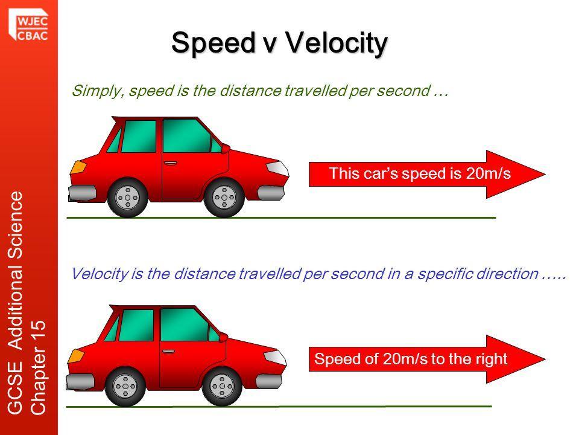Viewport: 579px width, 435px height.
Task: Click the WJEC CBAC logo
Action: click(28, 25)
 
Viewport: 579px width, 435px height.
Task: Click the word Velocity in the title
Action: click(337, 43)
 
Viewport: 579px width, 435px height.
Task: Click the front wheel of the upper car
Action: click(224, 198)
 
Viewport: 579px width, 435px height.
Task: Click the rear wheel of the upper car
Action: click(127, 198)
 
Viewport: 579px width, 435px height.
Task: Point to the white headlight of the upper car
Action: click(277, 168)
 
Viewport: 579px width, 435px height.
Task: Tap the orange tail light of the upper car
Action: click(78, 167)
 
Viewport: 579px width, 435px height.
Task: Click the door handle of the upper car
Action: click(170, 163)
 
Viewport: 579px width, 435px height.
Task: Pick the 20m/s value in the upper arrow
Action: click(488, 173)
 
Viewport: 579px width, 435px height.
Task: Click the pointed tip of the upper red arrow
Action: click(545, 174)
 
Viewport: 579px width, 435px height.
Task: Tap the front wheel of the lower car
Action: click(221, 387)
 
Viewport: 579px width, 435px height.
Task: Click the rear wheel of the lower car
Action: click(125, 387)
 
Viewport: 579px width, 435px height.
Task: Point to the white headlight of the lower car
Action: click(275, 357)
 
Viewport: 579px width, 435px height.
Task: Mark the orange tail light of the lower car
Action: click(76, 356)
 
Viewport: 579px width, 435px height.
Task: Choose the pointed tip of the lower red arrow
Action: click(545, 359)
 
